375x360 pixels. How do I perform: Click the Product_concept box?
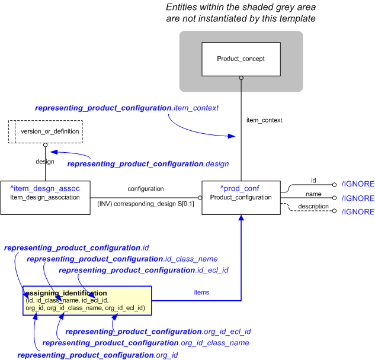241,59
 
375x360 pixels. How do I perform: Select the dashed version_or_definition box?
45,131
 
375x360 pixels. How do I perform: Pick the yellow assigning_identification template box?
87,301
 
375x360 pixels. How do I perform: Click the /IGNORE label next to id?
358,185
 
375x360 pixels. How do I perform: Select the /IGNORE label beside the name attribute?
358,198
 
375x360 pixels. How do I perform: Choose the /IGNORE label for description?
358,212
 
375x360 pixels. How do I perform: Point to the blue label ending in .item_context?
127,108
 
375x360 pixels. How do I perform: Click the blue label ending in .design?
148,163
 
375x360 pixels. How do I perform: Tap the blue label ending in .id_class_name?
122,259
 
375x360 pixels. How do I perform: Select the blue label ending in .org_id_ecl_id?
158,332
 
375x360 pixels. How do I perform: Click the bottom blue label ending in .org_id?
98,355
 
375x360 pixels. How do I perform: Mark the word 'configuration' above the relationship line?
145,188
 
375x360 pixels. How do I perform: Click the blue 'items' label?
201,292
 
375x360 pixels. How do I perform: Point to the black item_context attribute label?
264,120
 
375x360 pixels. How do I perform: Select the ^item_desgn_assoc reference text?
45,188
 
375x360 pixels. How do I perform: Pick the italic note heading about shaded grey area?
241,12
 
